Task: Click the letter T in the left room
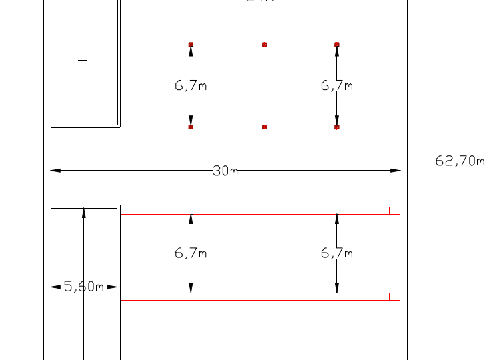click(x=83, y=67)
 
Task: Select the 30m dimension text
click(x=225, y=171)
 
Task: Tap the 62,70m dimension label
click(x=460, y=161)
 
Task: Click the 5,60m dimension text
click(x=84, y=287)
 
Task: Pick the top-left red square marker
click(x=191, y=45)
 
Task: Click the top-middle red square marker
click(x=264, y=45)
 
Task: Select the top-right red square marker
click(x=336, y=45)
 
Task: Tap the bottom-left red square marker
click(x=191, y=127)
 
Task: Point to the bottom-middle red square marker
click(x=264, y=127)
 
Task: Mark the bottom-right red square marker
click(x=336, y=127)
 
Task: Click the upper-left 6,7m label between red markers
click(x=191, y=85)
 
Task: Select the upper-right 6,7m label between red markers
click(x=336, y=85)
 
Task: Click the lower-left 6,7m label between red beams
click(x=191, y=253)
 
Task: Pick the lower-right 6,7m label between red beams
click(x=336, y=253)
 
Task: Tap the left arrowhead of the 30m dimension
click(x=56, y=171)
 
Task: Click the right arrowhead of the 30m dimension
click(x=395, y=171)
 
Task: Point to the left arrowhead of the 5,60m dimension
click(x=55, y=287)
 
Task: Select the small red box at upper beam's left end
click(x=126, y=211)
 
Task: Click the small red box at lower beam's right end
click(x=394, y=297)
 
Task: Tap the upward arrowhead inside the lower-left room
click(x=83, y=213)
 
